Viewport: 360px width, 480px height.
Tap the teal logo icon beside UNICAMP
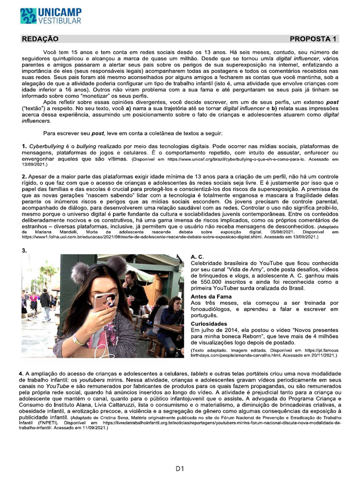pos(28,16)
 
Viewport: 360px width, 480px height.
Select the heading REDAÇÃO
pos(40,39)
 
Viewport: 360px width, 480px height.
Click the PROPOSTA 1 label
pos(313,39)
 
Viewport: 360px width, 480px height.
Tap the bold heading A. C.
pos(197,257)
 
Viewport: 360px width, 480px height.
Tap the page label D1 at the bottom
pos(180,468)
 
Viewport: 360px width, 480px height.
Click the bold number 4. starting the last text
pos(24,373)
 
